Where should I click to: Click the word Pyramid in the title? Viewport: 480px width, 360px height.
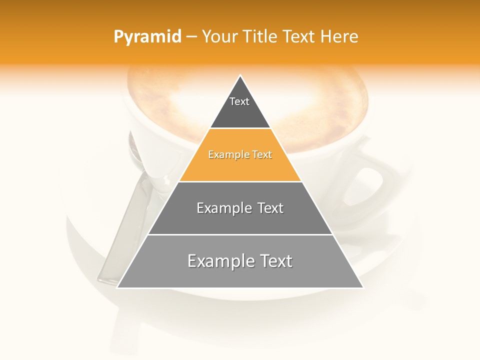tap(147, 37)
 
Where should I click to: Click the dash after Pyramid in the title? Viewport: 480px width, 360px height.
tap(191, 37)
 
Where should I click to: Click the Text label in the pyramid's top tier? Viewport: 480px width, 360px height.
tap(239, 101)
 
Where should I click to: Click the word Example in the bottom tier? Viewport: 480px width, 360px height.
tap(218, 261)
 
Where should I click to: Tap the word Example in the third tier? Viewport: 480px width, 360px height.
tap(222, 208)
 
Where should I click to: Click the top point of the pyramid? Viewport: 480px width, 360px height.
tap(240, 76)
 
